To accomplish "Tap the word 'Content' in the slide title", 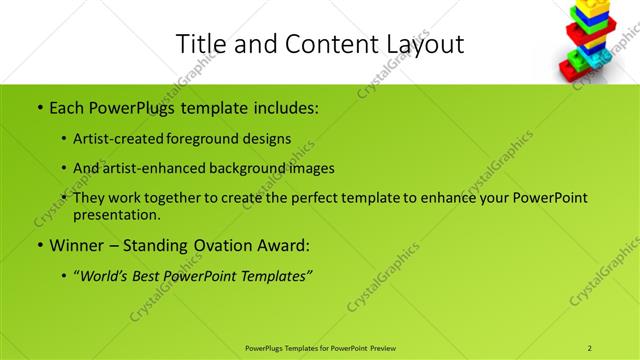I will (332, 44).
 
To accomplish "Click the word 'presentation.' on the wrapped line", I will (117, 214).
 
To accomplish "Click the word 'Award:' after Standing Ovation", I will (283, 244).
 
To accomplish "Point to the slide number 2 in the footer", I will (590, 348).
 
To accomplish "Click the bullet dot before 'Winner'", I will (39, 244).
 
